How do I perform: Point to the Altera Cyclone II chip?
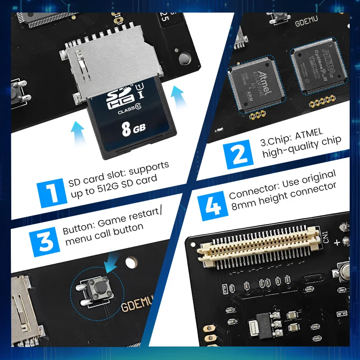click(317, 69)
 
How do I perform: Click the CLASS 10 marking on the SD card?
click(127, 111)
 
